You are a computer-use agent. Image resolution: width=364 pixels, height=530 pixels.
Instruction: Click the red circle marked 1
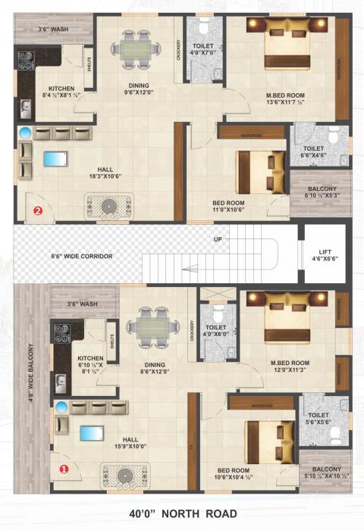[64, 469]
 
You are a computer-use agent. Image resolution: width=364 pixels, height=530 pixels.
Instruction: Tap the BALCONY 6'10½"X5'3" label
[322, 192]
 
